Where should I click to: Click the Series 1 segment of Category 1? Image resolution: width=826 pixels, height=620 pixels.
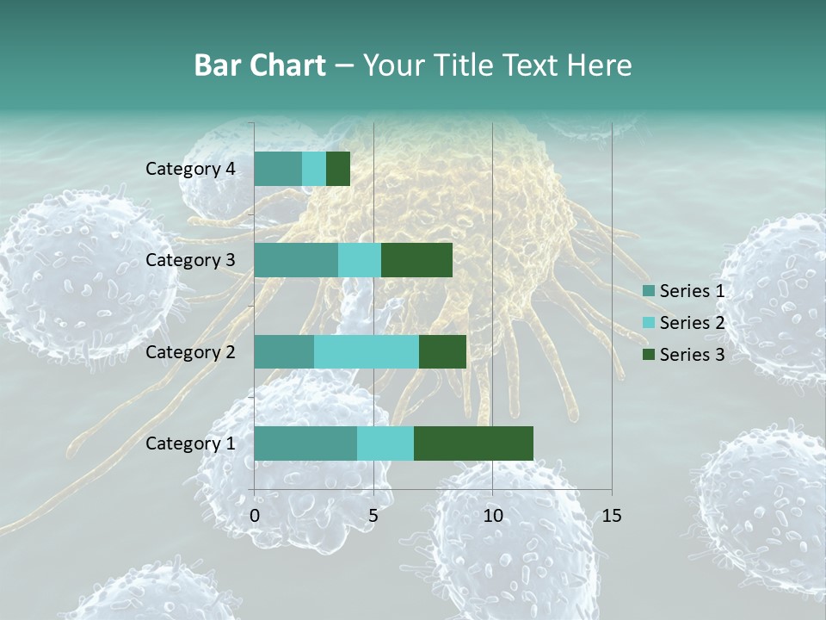[305, 443]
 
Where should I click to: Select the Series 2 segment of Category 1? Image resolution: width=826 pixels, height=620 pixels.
[385, 443]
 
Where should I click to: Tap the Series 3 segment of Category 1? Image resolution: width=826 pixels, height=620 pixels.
[473, 443]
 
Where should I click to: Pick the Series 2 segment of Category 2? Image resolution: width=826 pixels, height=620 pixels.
[367, 351]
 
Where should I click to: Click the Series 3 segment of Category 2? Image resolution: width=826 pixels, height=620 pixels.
[442, 351]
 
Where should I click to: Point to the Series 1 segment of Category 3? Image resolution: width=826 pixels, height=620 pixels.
[296, 260]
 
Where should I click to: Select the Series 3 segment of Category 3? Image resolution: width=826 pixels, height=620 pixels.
[416, 260]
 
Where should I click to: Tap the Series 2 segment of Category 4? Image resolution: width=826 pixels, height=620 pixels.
[314, 169]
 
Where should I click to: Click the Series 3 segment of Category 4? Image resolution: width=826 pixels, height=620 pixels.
[338, 169]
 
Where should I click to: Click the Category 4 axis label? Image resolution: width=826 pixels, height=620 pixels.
[190, 169]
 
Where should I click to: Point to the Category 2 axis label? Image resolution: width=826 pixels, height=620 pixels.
[190, 351]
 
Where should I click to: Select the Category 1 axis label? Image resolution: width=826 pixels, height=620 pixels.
[190, 443]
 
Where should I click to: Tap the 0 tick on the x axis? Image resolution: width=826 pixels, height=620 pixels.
[255, 516]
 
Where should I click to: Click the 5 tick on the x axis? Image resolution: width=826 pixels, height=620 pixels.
[373, 516]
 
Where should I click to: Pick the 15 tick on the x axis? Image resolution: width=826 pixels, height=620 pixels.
[611, 516]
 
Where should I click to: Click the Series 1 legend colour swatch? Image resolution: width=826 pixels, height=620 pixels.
[649, 291]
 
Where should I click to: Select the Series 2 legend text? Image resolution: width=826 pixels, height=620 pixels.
[692, 323]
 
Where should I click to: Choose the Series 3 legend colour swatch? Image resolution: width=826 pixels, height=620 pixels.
[649, 354]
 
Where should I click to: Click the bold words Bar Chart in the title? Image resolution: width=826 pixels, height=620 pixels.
[259, 65]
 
